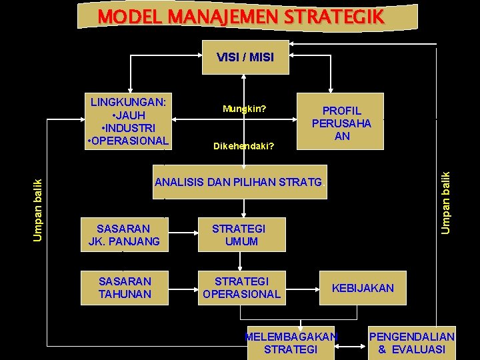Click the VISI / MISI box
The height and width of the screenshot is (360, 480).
point(245,57)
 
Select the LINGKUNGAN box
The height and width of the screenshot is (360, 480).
point(129,120)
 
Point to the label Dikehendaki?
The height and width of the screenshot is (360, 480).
point(244,145)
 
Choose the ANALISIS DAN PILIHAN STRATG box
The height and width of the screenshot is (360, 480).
point(239,182)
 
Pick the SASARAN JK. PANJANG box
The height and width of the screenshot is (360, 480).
point(124,235)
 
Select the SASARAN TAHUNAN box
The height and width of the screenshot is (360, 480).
point(124,287)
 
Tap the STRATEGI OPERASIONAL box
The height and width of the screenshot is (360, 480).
point(241,287)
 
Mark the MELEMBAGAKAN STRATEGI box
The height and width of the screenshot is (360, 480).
point(291,343)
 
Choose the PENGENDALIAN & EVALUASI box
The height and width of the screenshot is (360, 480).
point(412,343)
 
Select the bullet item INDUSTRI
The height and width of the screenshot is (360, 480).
point(129,127)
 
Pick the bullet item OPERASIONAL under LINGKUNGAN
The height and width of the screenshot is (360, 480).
point(130,141)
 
